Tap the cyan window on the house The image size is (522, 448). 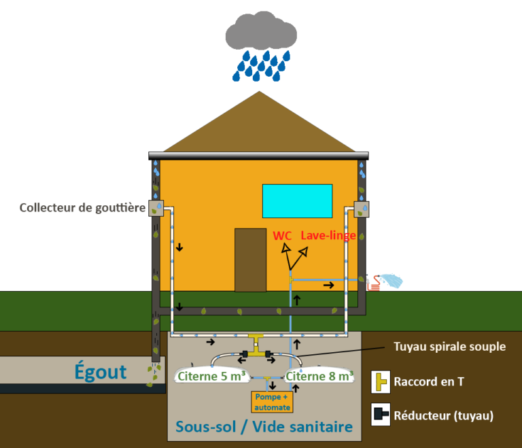(x=297, y=201)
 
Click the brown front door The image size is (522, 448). (x=250, y=260)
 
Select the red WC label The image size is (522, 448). (x=283, y=236)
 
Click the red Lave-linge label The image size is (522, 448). (x=328, y=236)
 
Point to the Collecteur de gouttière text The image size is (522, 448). (x=82, y=207)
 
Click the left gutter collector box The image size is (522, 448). (x=157, y=207)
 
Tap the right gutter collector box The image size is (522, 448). (x=362, y=209)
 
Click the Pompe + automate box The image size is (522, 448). (x=272, y=402)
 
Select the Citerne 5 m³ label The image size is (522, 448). (x=211, y=375)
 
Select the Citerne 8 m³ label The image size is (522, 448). (x=319, y=375)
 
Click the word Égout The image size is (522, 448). (x=101, y=372)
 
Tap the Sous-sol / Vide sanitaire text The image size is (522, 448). (x=264, y=427)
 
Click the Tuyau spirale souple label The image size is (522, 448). (x=449, y=346)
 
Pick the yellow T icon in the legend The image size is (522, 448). (x=381, y=382)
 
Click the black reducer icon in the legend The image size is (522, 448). (x=381, y=415)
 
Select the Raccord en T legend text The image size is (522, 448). (x=429, y=382)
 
